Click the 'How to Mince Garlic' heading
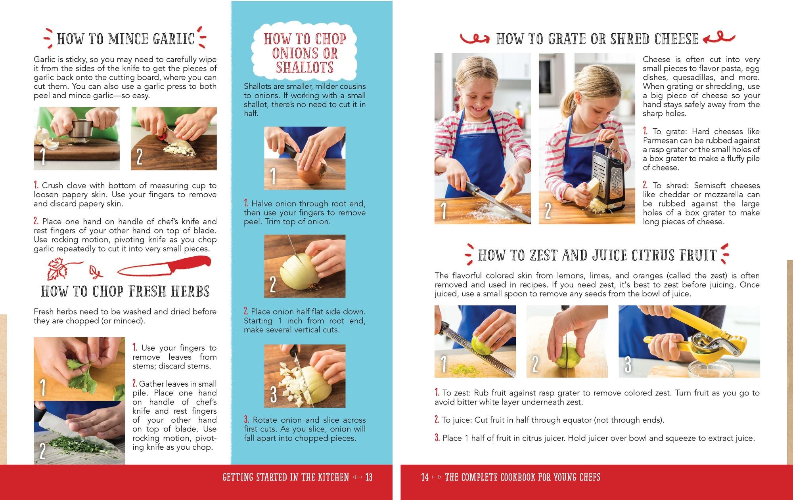pyautogui.click(x=125, y=39)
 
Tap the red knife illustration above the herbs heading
pyautogui.click(x=165, y=267)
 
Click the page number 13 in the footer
pyautogui.click(x=369, y=477)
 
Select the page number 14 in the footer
pyautogui.click(x=425, y=477)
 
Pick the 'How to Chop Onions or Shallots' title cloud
pyautogui.click(x=305, y=53)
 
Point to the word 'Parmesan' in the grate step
pyautogui.click(x=659, y=141)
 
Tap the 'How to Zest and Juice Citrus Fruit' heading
pyautogui.click(x=597, y=256)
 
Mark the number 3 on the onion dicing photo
pyautogui.click(x=273, y=394)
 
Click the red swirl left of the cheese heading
pyautogui.click(x=474, y=39)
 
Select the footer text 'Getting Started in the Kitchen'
pyautogui.click(x=285, y=477)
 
